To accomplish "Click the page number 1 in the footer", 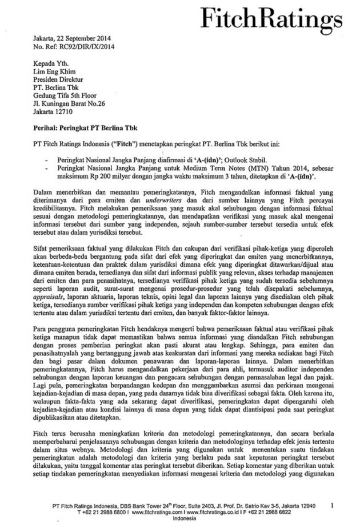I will tap(338, 505).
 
